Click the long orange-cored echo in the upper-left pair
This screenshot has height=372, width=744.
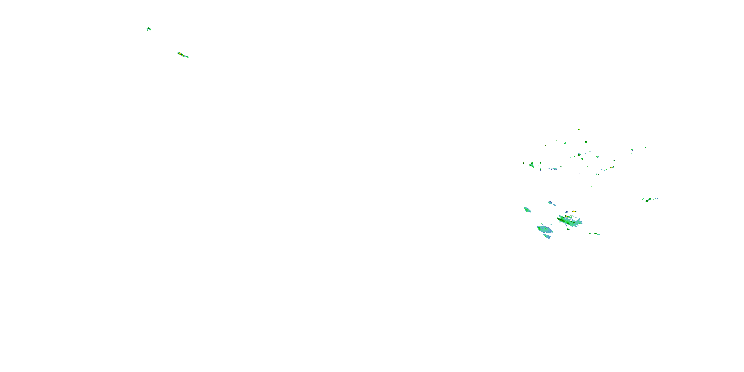click(183, 55)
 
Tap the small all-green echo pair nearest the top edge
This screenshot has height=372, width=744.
click(149, 29)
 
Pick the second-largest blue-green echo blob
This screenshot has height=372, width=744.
click(545, 230)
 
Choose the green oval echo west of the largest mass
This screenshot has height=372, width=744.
click(527, 210)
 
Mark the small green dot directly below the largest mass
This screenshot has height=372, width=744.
click(568, 229)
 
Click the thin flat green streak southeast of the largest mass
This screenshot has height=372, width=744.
click(595, 234)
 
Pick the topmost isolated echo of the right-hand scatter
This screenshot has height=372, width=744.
click(579, 130)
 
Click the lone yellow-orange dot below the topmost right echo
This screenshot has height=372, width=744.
click(586, 142)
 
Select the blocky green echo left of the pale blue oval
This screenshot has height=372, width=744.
click(531, 165)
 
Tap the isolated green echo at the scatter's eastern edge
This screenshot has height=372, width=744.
click(632, 150)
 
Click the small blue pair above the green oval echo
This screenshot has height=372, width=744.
click(551, 203)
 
